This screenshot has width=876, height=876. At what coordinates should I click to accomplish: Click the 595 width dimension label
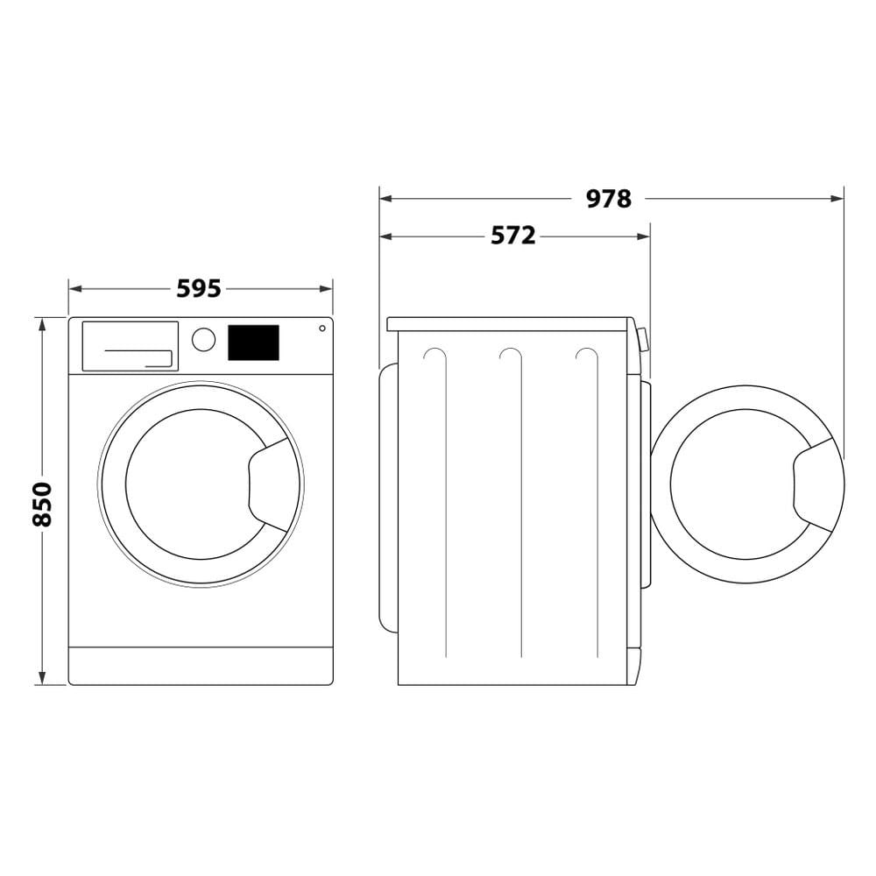pos(199,288)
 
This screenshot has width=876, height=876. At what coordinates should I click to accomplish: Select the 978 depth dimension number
pos(608,199)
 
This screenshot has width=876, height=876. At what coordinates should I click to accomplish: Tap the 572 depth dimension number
pos(512,236)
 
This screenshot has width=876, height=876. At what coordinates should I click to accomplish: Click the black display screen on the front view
pos(253,343)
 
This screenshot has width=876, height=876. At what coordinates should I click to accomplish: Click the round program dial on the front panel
pos(203,340)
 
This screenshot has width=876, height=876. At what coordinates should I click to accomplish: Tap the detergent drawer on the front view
pos(130,346)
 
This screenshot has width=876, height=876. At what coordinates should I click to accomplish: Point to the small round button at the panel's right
pos(322,328)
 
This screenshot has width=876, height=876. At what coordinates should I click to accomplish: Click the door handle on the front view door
pos(273,484)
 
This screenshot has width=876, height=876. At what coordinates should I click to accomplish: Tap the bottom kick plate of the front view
pos(201,666)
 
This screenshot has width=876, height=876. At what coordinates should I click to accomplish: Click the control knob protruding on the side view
pos(644,339)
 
